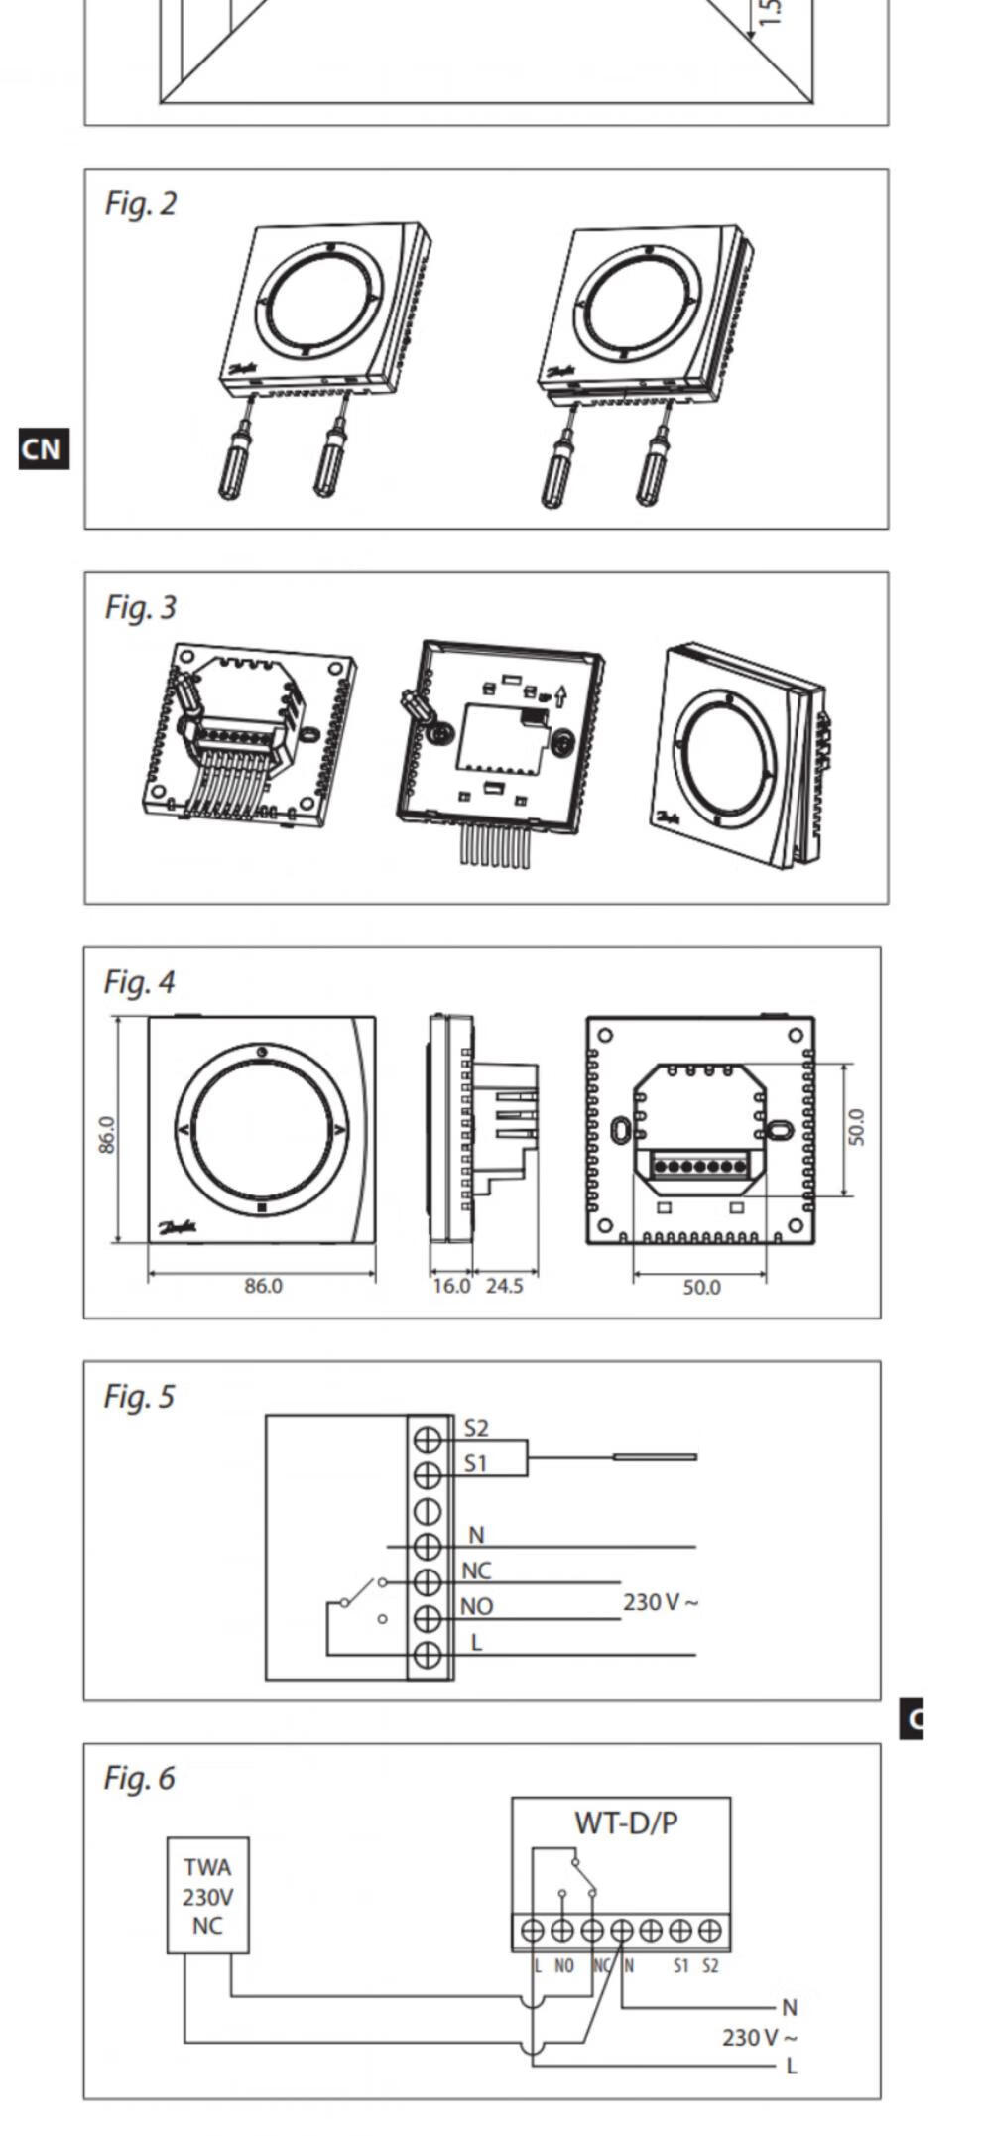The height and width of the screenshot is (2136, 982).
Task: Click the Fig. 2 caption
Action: [141, 203]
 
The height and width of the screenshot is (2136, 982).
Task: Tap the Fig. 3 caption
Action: [141, 607]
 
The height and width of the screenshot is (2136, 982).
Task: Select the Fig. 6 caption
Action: [139, 1778]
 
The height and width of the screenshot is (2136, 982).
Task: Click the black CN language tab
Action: [43, 449]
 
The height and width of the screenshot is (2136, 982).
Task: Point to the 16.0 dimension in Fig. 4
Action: [450, 1286]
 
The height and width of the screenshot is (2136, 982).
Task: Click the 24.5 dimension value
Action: [504, 1286]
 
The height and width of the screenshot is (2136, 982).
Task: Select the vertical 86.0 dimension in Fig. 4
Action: [107, 1135]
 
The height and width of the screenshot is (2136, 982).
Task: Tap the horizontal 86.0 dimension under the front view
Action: [263, 1286]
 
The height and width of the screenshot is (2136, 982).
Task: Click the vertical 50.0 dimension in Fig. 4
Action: [856, 1128]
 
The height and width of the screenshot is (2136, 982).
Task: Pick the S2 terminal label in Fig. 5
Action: [476, 1428]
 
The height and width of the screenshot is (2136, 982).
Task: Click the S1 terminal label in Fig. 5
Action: [476, 1463]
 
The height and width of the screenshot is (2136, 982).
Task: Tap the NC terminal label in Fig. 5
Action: [476, 1571]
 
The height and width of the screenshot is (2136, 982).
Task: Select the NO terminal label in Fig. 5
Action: [477, 1606]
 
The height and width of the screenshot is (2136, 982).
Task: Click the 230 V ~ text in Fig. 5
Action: [661, 1602]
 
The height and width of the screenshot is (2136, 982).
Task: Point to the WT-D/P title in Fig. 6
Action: [626, 1822]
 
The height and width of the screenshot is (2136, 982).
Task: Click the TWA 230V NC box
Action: [207, 1896]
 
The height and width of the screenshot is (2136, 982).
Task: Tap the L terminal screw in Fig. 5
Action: [427, 1654]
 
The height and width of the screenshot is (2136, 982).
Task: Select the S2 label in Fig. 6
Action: [710, 1966]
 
